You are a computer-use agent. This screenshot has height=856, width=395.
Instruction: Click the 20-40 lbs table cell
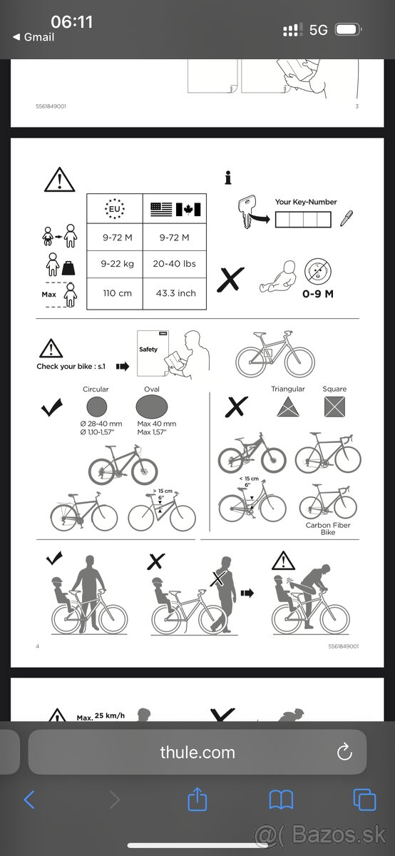point(175,264)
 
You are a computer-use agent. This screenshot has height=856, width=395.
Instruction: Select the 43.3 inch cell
point(175,293)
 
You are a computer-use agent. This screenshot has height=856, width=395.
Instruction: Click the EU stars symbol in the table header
point(115,209)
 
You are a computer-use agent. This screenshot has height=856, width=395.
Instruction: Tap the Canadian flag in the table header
point(189,210)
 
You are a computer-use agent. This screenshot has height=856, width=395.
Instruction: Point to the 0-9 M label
point(318,293)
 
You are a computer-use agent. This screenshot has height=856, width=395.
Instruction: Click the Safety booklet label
point(148,350)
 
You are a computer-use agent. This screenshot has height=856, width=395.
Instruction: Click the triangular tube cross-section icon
point(287,407)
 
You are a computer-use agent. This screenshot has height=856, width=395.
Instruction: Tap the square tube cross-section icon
point(334,407)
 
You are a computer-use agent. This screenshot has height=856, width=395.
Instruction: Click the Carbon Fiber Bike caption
point(328,529)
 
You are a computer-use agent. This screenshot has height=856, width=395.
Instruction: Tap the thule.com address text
point(197,752)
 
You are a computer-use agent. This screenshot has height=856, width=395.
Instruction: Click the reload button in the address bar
point(344,752)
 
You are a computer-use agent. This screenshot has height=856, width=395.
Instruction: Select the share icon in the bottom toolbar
point(197,800)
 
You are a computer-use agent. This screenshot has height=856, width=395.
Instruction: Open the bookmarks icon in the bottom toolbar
point(281,800)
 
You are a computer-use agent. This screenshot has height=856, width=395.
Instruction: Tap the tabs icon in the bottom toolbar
point(364,800)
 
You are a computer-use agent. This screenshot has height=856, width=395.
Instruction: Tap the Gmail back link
point(34,37)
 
